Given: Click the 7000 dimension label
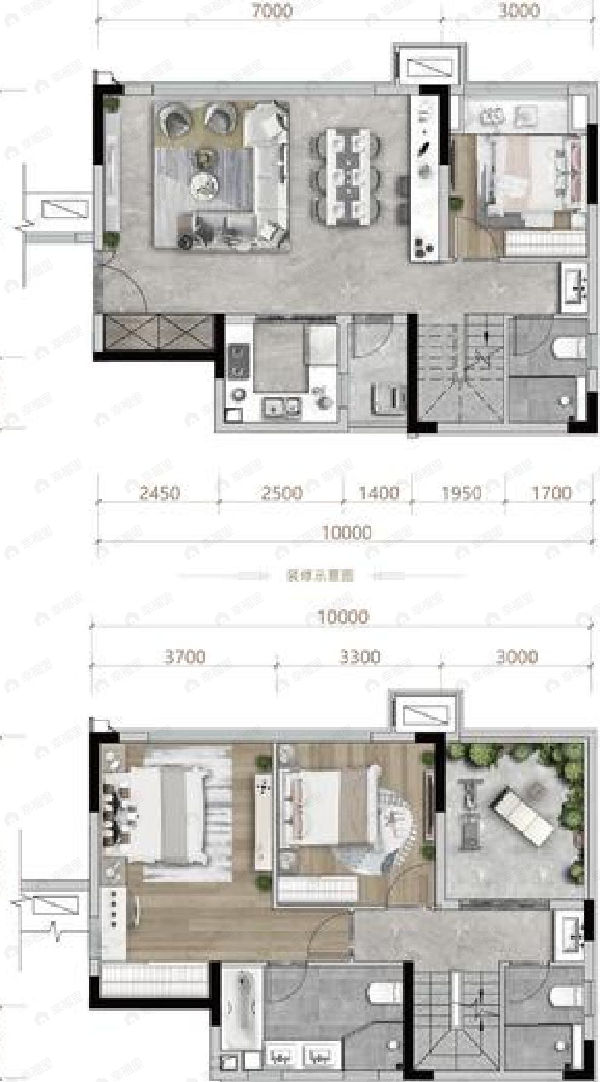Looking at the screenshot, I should [x=273, y=10].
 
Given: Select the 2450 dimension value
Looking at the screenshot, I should [x=160, y=493].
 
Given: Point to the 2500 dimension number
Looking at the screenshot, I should [x=282, y=493].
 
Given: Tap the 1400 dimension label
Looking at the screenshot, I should [x=379, y=493].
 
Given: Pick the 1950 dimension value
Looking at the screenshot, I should [x=461, y=493].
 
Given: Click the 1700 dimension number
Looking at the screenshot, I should [x=551, y=493].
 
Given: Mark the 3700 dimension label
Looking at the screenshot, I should [x=185, y=657].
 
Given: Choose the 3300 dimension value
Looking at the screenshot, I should [x=360, y=657].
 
